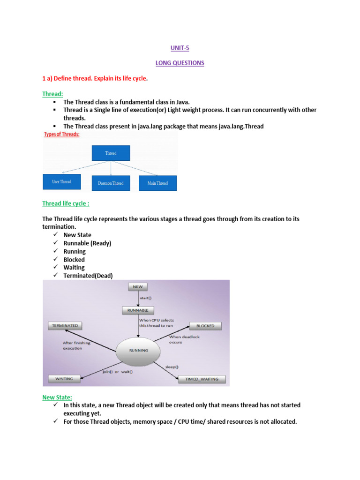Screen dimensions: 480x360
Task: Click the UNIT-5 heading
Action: tap(180, 47)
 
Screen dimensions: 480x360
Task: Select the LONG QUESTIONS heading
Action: tap(180, 63)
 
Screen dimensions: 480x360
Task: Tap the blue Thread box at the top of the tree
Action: tap(111, 153)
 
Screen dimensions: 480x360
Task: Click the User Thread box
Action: tap(62, 181)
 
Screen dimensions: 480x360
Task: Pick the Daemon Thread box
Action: tap(111, 183)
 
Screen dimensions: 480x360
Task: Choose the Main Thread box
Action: tap(157, 183)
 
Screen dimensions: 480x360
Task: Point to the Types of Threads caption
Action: tap(61, 135)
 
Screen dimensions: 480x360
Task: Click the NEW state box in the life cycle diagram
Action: tap(138, 286)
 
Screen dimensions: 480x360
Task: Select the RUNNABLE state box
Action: tap(138, 310)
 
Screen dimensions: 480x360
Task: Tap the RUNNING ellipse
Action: tap(138, 350)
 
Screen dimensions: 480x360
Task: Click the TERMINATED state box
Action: tap(65, 325)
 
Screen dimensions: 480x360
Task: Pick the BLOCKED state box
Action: tap(205, 326)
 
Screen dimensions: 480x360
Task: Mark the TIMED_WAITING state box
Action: tap(202, 379)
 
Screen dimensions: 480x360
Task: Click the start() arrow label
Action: tap(146, 298)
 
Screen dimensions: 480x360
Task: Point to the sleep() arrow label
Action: tap(172, 366)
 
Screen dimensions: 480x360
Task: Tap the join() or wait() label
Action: tap(118, 372)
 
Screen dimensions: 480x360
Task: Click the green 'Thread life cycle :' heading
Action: tap(66, 203)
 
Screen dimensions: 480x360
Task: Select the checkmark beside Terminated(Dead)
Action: tap(55, 276)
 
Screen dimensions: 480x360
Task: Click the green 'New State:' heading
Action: tap(57, 397)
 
